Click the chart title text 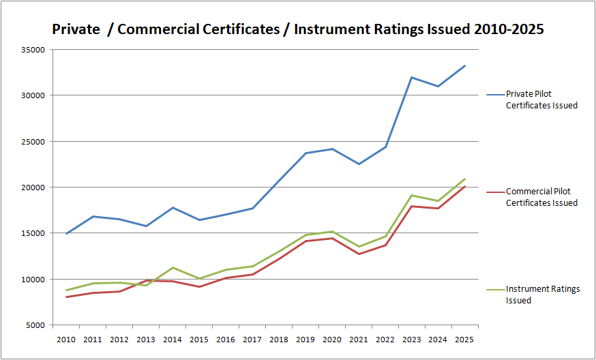tap(298, 30)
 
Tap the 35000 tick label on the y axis tap(33, 50)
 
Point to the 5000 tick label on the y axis tap(35, 325)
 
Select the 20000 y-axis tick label tap(33, 187)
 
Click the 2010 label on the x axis tap(66, 339)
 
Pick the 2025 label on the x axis tap(464, 339)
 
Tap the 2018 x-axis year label tap(278, 339)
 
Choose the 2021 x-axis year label tap(358, 339)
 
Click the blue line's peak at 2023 tap(411, 77)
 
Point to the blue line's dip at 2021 tap(358, 164)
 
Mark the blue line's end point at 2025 tap(464, 65)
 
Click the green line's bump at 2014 tap(173, 267)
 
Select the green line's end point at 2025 tap(464, 179)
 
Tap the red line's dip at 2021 tap(358, 254)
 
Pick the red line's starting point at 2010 tap(66, 297)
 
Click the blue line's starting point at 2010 tap(66, 234)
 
